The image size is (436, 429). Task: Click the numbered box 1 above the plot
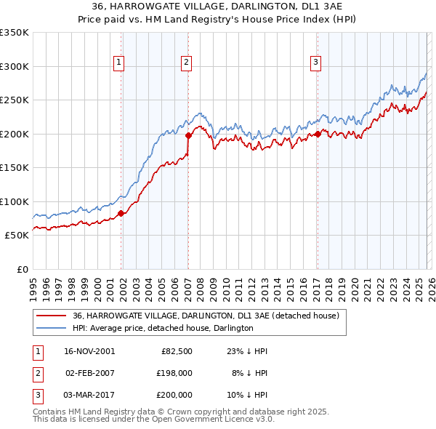(x=118, y=63)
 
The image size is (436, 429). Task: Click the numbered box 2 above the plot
(x=186, y=63)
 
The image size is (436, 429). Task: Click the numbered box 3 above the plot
(x=316, y=63)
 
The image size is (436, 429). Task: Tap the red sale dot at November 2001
(x=121, y=213)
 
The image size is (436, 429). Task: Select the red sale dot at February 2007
(x=188, y=135)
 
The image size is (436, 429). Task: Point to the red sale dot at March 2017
(x=318, y=134)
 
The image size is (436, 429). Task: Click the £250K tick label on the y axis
(x=14, y=100)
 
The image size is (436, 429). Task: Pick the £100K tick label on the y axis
(x=14, y=201)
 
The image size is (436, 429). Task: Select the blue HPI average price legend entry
(x=163, y=329)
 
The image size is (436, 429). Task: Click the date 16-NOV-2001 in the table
(x=89, y=351)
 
